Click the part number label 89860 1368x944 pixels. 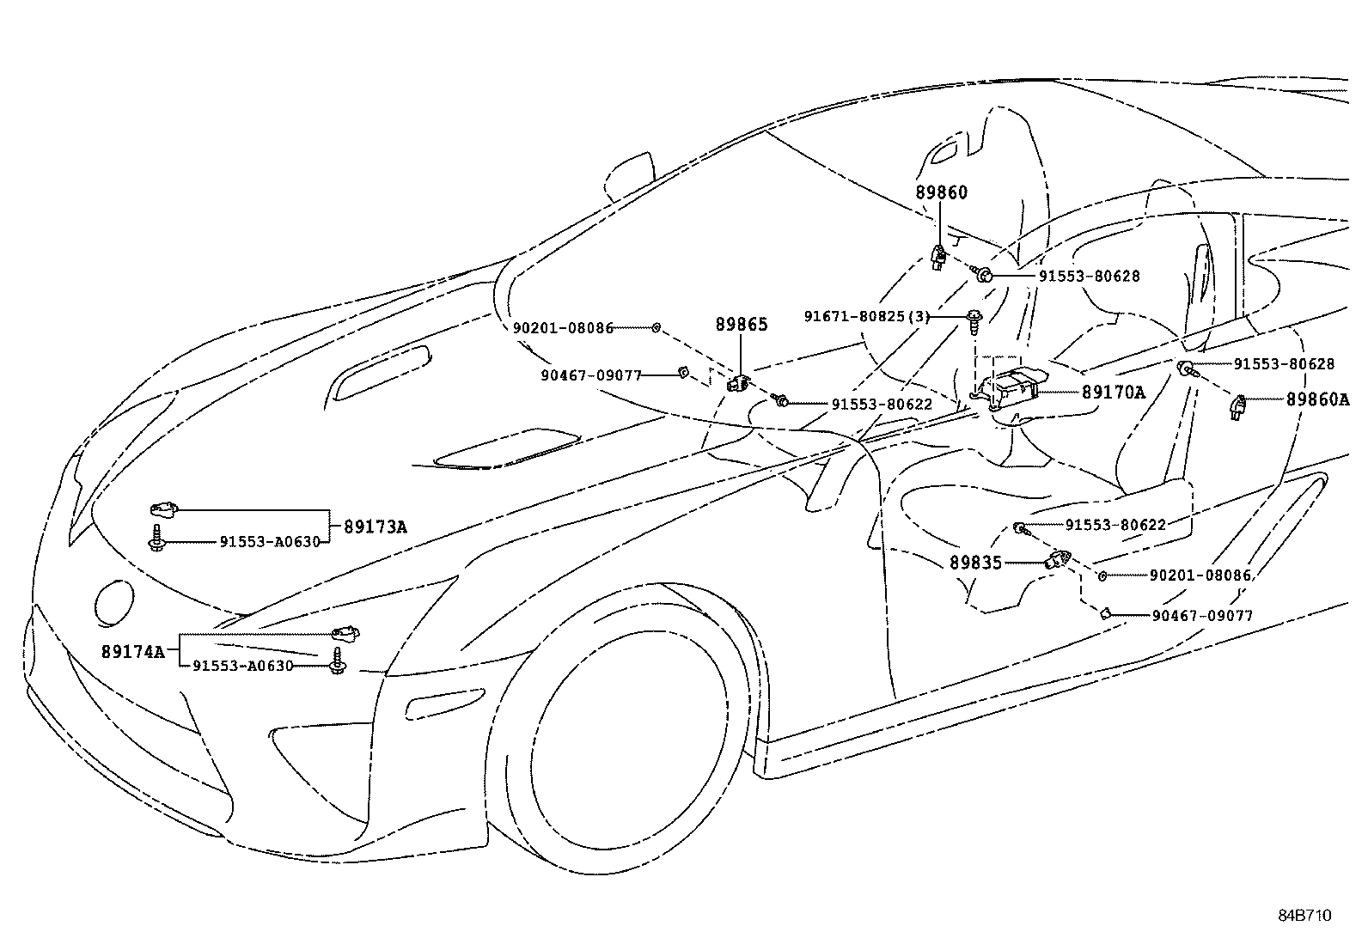(941, 192)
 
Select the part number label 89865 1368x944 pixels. (741, 325)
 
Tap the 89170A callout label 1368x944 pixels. (1113, 393)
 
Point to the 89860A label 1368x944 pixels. (1317, 399)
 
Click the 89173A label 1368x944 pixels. (375, 527)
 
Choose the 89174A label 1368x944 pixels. (132, 651)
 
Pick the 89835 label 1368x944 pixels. (975, 563)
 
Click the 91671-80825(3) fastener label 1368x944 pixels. (866, 317)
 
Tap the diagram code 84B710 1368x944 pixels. (1304, 915)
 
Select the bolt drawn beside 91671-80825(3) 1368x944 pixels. (974, 322)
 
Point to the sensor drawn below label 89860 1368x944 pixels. (939, 257)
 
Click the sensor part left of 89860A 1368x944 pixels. (1240, 405)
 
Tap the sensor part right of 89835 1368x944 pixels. (1056, 561)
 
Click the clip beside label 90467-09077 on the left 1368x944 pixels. (683, 372)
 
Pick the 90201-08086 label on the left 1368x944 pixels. (563, 328)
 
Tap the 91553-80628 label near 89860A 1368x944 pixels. (1284, 364)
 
